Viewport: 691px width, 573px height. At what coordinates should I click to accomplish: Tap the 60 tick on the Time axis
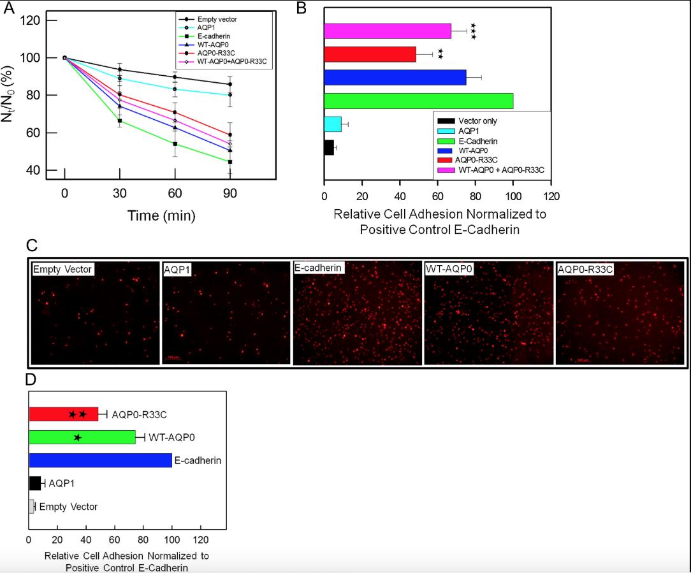[175, 193]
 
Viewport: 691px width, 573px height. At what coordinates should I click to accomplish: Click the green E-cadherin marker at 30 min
[119, 120]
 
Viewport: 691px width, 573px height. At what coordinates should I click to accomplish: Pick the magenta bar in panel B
[387, 31]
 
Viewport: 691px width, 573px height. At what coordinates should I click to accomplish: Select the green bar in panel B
[418, 101]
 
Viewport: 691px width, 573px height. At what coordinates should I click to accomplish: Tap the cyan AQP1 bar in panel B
[333, 124]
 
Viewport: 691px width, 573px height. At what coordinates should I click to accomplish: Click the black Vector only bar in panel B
[329, 147]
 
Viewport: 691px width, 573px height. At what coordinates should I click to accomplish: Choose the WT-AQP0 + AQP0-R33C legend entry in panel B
[500, 170]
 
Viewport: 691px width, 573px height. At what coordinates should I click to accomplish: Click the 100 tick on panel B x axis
[513, 196]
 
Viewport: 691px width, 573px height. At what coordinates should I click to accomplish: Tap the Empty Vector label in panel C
[62, 270]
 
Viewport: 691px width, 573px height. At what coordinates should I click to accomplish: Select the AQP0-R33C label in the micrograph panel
[585, 270]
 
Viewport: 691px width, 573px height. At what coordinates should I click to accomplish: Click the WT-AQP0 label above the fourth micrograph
[449, 270]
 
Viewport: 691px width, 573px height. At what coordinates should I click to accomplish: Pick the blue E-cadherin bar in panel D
[100, 460]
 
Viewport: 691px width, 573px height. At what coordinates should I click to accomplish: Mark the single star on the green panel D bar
[78, 437]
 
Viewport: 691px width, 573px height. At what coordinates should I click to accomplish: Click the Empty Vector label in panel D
[68, 507]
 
